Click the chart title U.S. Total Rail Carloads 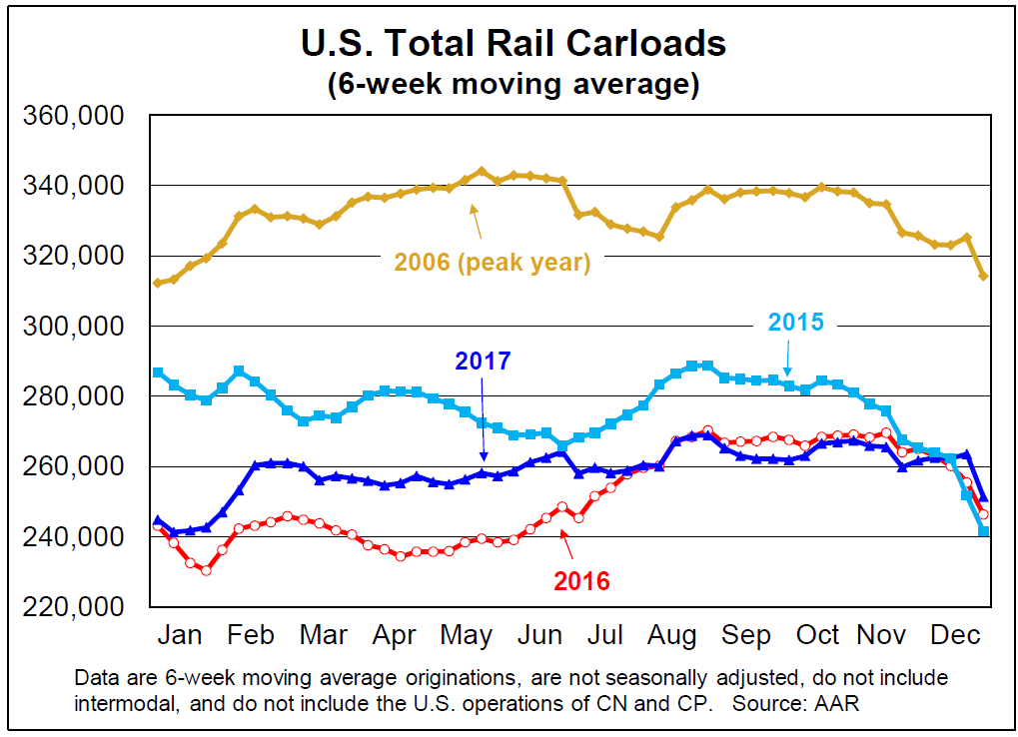(x=513, y=44)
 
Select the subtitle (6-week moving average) (x=513, y=84)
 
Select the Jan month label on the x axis (x=180, y=635)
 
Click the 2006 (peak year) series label (x=493, y=264)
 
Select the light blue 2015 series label (x=795, y=322)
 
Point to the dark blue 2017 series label (x=484, y=362)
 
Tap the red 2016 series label (x=582, y=580)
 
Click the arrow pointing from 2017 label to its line (x=483, y=419)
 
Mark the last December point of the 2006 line (x=984, y=276)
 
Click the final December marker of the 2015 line (x=984, y=531)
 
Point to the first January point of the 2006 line (x=157, y=284)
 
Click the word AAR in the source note (x=837, y=703)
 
